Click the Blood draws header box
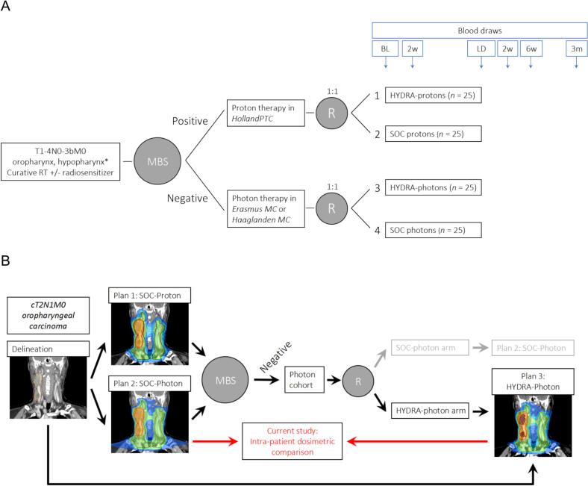(x=479, y=31)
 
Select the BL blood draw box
(x=385, y=49)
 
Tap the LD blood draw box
(x=481, y=49)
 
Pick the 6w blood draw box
(x=531, y=49)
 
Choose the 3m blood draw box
(x=576, y=49)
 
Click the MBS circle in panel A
(x=157, y=161)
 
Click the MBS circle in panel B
(x=225, y=380)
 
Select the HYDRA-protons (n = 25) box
(x=433, y=96)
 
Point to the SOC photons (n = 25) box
(x=433, y=230)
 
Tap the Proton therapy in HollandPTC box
(x=266, y=113)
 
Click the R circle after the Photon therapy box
(x=331, y=208)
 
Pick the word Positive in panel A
(x=190, y=121)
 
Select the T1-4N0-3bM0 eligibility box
(x=60, y=162)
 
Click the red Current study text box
(x=292, y=441)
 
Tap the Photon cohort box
(x=304, y=380)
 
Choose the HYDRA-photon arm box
(x=430, y=411)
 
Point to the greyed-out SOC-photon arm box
(x=430, y=348)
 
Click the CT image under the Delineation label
(x=48, y=387)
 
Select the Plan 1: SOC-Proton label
(x=149, y=296)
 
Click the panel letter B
(x=5, y=260)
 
